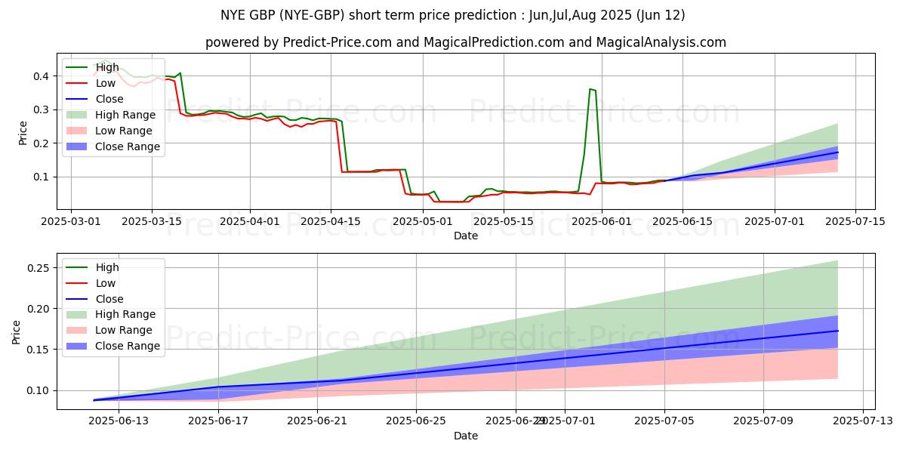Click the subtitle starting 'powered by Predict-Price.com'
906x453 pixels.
(466, 42)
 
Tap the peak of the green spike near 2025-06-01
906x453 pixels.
(590, 89)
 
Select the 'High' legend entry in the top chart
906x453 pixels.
(106, 67)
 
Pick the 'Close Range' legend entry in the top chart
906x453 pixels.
(127, 146)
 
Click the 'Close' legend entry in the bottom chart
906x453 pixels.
(110, 299)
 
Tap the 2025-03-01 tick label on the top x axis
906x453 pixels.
(71, 221)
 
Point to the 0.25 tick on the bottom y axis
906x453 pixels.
(37, 268)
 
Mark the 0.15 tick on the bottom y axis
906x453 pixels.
(37, 350)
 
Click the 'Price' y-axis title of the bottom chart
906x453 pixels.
(17, 332)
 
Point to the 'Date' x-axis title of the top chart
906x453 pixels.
(466, 236)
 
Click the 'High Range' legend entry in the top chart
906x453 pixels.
(125, 115)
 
